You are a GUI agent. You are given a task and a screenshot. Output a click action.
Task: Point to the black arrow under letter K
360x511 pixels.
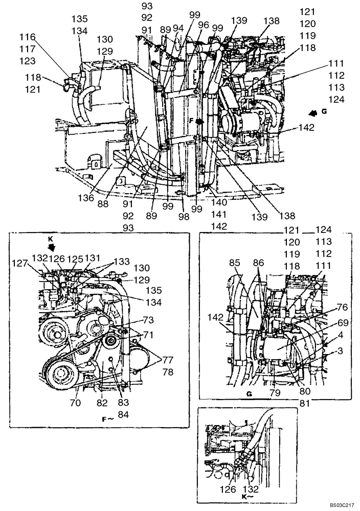pyautogui.click(x=50, y=247)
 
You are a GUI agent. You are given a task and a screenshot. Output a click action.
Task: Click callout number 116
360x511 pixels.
pyautogui.click(x=28, y=37)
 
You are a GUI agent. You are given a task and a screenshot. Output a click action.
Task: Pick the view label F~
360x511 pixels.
pyautogui.click(x=107, y=419)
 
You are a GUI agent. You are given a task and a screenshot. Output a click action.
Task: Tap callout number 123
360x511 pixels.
pyautogui.click(x=28, y=61)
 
